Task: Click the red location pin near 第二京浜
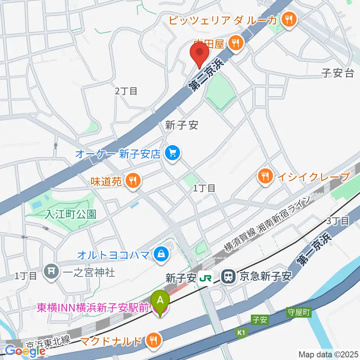[x=199, y=53]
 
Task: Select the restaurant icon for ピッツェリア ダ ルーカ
[x=289, y=20]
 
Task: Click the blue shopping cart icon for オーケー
[x=172, y=153]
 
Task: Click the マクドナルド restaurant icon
[x=153, y=341]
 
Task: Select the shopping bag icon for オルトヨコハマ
[x=160, y=255]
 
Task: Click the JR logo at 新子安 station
[x=205, y=277]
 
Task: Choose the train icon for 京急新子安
[x=228, y=277]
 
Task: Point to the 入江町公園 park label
[x=71, y=214]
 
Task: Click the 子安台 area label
[x=337, y=73]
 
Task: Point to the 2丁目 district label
[x=126, y=91]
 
